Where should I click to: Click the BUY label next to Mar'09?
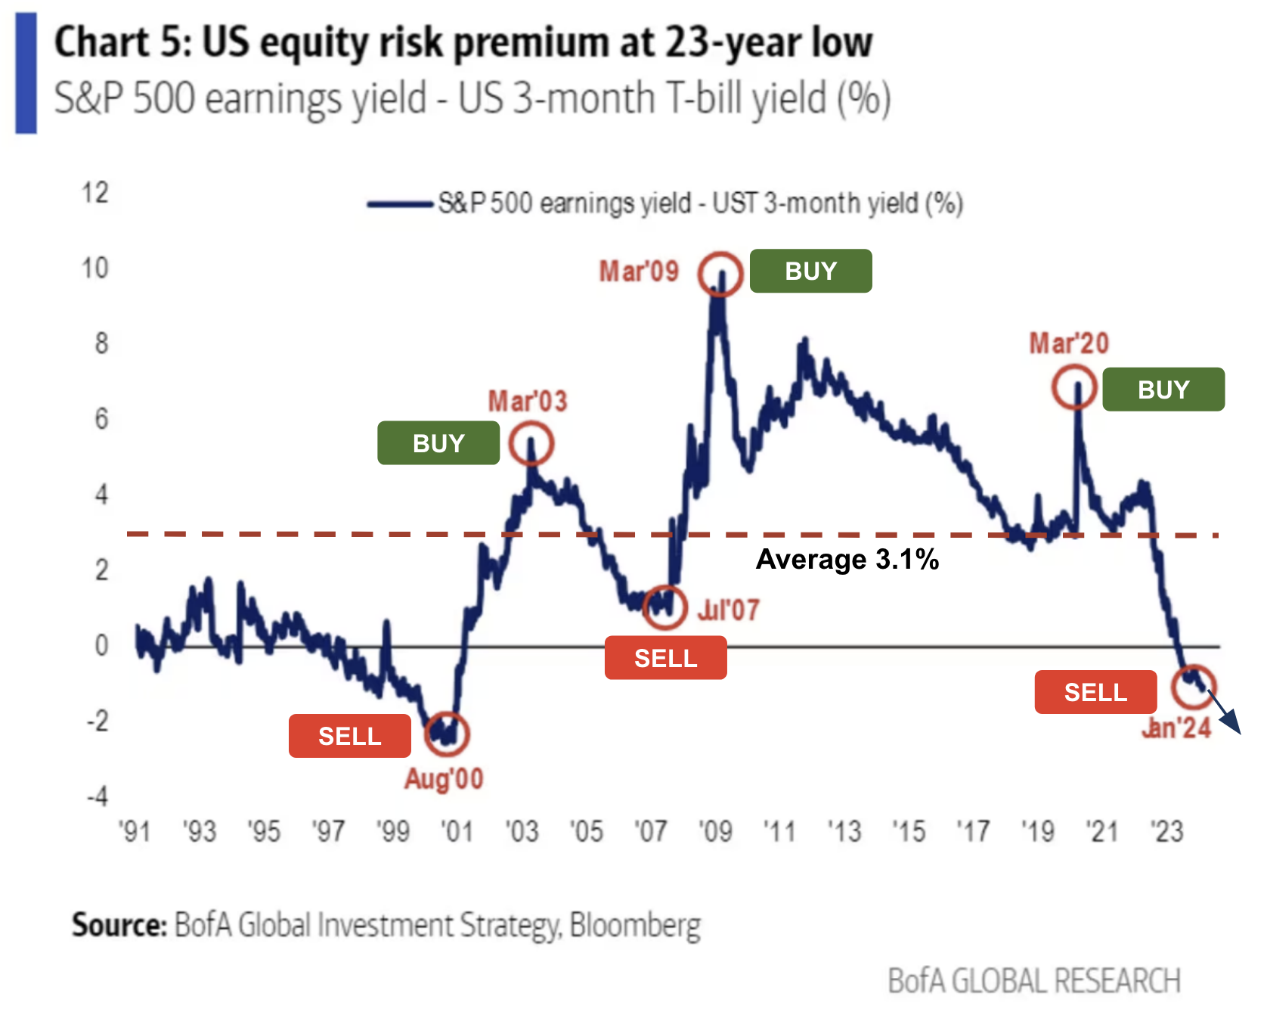click(x=810, y=271)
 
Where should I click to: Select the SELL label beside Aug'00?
click(x=349, y=736)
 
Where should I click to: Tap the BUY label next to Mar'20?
click(x=1163, y=390)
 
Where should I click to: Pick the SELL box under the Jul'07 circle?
click(x=665, y=658)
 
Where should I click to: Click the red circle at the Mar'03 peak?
click(x=531, y=443)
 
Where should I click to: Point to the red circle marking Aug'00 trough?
click(x=447, y=733)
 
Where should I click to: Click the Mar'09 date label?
click(x=639, y=272)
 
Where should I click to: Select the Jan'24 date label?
click(x=1176, y=728)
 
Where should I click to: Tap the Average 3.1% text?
click(x=847, y=560)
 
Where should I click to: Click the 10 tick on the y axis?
click(x=95, y=268)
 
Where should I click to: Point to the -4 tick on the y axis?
click(x=97, y=796)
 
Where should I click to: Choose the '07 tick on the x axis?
click(x=651, y=832)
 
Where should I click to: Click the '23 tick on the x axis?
click(x=1166, y=832)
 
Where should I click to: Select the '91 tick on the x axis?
click(x=135, y=832)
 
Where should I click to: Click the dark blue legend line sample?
click(x=399, y=204)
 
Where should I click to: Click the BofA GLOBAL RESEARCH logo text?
click(x=1033, y=981)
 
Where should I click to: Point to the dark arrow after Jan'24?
click(x=1226, y=715)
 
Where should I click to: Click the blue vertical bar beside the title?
click(x=26, y=73)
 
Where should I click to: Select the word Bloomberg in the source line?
click(x=635, y=925)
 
